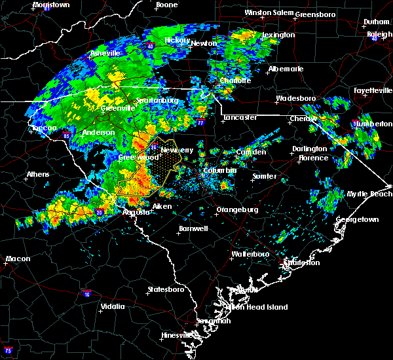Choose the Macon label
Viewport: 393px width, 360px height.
[x=18, y=259]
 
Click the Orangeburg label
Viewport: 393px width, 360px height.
[x=236, y=210]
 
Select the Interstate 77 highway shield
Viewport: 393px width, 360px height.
[x=201, y=122]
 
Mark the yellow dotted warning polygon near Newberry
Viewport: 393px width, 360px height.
[x=160, y=168]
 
